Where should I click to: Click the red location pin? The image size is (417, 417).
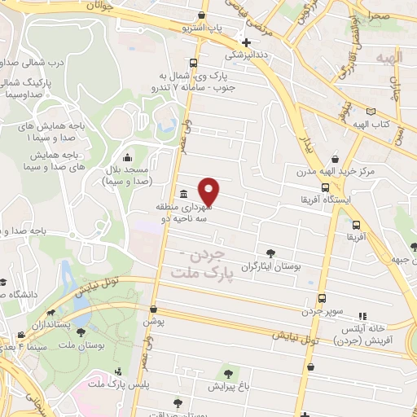(x=209, y=191)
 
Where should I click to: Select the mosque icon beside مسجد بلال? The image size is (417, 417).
(x=125, y=158)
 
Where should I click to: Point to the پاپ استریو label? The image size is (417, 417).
(x=203, y=28)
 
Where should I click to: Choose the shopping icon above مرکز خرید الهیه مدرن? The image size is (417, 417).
(x=334, y=160)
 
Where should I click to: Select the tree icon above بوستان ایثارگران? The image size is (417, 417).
(x=270, y=253)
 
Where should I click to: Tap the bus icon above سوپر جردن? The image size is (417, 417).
(x=323, y=298)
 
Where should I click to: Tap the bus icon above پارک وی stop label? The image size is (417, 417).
(x=192, y=63)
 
